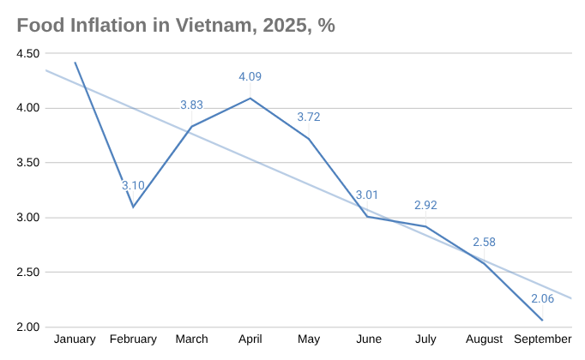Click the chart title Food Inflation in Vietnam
pyautogui.click(x=176, y=25)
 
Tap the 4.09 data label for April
pyautogui.click(x=250, y=76)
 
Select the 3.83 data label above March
pyautogui.click(x=191, y=105)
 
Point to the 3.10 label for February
pyautogui.click(x=133, y=185)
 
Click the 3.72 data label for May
pyautogui.click(x=309, y=117)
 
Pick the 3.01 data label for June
pyautogui.click(x=367, y=195)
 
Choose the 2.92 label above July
pyautogui.click(x=425, y=205)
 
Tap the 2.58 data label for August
pyautogui.click(x=485, y=242)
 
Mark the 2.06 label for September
pyautogui.click(x=542, y=298)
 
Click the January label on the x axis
pyautogui.click(x=75, y=340)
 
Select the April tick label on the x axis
pyautogui.click(x=250, y=340)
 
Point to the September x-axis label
pyautogui.click(x=542, y=340)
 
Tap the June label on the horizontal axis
pyautogui.click(x=367, y=340)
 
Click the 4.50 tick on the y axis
pyautogui.click(x=28, y=53)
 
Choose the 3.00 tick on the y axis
pyautogui.click(x=28, y=218)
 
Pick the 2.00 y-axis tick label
pyautogui.click(x=28, y=327)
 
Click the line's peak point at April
pyautogui.click(x=250, y=98)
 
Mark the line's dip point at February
pyautogui.click(x=133, y=207)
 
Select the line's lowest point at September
pyautogui.click(x=542, y=321)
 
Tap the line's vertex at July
pyautogui.click(x=425, y=226)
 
